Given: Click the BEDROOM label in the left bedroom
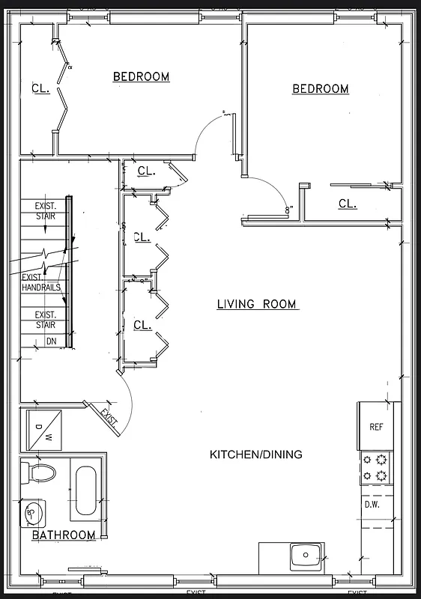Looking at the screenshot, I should (141, 76).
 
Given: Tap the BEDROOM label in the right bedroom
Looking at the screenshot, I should (320, 89).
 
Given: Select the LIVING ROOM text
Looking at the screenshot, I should (257, 304).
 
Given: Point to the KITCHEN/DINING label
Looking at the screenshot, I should (255, 454).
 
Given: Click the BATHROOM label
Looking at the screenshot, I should (64, 535).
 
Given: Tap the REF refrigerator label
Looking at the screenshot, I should (376, 427).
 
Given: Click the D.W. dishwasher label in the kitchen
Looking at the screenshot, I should (373, 504).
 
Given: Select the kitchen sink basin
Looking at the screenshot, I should (306, 556).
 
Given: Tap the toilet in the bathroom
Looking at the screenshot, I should (41, 472).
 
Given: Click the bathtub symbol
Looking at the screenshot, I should (85, 493).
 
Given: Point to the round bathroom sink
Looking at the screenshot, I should (34, 513).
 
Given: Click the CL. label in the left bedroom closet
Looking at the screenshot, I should (40, 88).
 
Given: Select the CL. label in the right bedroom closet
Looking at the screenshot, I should (348, 204).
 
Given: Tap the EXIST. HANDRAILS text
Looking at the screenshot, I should (42, 282).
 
